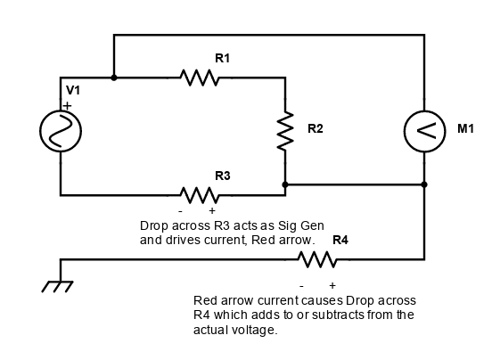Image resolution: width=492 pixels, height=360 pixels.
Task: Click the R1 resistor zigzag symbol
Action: (200, 78)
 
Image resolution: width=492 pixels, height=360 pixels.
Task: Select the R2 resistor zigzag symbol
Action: (285, 130)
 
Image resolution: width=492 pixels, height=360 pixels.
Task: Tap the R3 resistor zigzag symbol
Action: (200, 195)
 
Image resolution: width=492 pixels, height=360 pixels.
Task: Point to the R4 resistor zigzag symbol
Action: (317, 259)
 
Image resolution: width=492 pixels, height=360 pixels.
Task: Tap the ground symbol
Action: (57, 286)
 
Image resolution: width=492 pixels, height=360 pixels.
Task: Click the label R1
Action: (223, 58)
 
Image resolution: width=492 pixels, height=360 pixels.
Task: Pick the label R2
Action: (315, 128)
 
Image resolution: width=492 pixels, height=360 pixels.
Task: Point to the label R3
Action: (223, 176)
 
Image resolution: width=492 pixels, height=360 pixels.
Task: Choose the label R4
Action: (340, 240)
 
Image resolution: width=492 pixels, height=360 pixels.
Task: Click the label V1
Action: (73, 90)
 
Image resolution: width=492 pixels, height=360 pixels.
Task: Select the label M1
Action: (465, 128)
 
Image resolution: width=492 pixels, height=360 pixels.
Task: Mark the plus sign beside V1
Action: (67, 106)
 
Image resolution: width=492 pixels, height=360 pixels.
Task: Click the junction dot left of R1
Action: (114, 78)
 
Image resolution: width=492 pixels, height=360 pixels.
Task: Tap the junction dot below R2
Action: (285, 184)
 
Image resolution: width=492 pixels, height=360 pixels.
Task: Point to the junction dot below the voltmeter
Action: (424, 184)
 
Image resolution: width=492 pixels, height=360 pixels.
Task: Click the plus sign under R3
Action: (212, 210)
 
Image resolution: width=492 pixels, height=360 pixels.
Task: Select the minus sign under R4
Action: (301, 286)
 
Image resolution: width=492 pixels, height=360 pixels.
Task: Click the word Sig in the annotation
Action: (287, 225)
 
